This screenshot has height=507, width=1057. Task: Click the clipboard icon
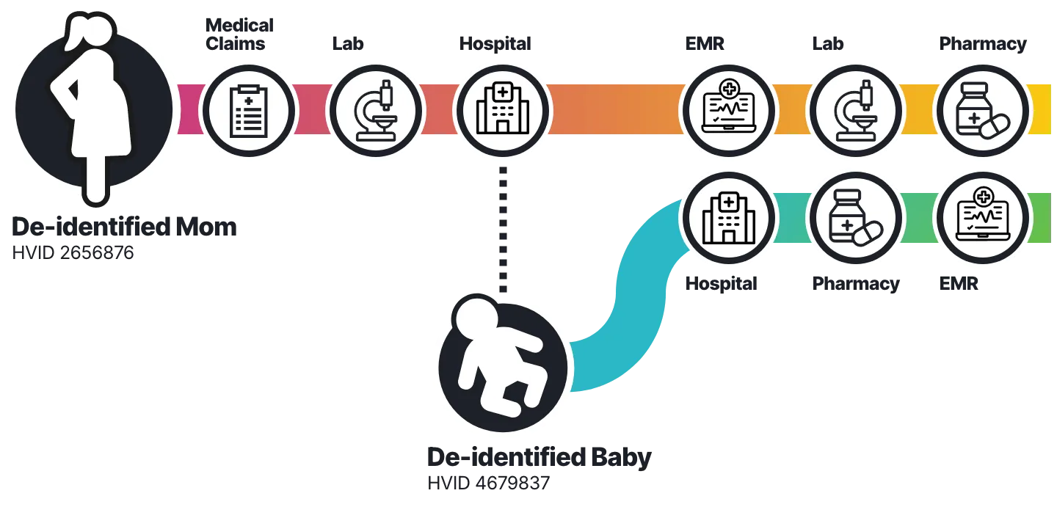[249, 111]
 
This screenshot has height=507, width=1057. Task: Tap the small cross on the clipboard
[249, 100]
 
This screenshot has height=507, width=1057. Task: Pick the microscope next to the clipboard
[376, 111]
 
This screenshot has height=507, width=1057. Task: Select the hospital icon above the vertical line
[502, 111]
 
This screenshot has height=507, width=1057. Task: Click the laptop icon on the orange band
[728, 111]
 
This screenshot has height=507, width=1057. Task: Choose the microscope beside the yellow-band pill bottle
[855, 111]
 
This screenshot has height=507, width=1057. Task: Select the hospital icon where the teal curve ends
[728, 219]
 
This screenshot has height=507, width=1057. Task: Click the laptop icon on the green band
[981, 219]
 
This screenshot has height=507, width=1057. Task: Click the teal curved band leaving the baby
[624, 308]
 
